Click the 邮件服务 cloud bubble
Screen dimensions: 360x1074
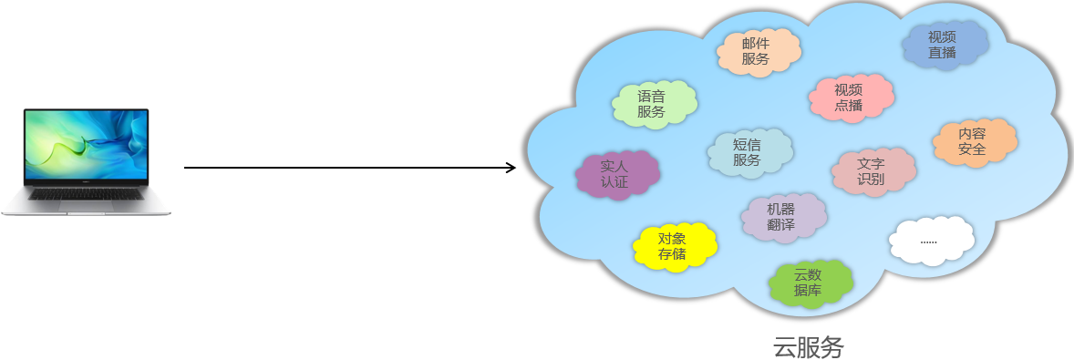[759, 52]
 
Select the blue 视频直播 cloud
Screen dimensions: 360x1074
[944, 45]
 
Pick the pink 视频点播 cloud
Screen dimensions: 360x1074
[850, 97]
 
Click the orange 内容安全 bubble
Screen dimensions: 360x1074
[974, 141]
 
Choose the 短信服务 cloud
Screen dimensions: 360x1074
[749, 151]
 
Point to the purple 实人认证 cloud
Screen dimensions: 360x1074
[617, 173]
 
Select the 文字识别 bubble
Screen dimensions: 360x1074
[873, 171]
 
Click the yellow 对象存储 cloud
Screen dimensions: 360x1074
[674, 246]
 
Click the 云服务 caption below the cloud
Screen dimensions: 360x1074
[810, 346]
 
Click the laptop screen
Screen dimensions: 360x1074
[86, 146]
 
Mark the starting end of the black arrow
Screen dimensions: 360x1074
[186, 168]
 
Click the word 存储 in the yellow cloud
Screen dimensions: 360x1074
[672, 254]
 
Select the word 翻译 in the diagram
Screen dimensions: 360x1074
[781, 224]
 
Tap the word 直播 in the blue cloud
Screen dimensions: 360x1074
[942, 53]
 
